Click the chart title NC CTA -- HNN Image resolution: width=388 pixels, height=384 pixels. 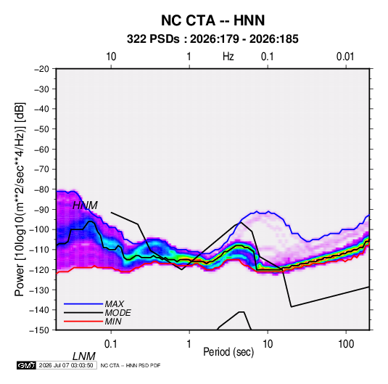tap(212, 20)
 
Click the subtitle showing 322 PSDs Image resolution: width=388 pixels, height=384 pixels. tap(212, 39)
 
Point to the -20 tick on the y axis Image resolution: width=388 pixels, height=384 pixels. tap(41, 69)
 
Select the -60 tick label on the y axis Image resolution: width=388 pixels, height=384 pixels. tap(41, 150)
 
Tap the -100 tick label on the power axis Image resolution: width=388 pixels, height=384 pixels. tap(39, 229)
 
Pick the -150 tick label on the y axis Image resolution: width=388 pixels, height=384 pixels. tap(39, 330)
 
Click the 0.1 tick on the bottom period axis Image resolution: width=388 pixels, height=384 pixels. tap(111, 344)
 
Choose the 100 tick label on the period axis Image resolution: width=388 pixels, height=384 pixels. tap(346, 344)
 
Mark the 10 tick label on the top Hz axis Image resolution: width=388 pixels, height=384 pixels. tap(111, 57)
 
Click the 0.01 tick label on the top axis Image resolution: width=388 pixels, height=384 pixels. tap(345, 57)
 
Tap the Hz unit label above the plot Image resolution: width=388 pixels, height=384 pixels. tap(228, 57)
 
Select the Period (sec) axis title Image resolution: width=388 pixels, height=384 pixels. tap(228, 352)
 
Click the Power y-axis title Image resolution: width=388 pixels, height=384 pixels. tap(20, 200)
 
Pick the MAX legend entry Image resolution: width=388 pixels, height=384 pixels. tap(114, 304)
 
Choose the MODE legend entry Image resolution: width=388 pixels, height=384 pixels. tap(117, 313)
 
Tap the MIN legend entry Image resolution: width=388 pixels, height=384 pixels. tap(113, 322)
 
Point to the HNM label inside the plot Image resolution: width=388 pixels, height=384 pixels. tap(85, 205)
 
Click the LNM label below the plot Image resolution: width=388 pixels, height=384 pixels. tap(83, 356)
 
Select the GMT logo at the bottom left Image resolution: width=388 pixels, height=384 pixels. tap(26, 365)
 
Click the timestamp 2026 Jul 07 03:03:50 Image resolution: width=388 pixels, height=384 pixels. tap(66, 365)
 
